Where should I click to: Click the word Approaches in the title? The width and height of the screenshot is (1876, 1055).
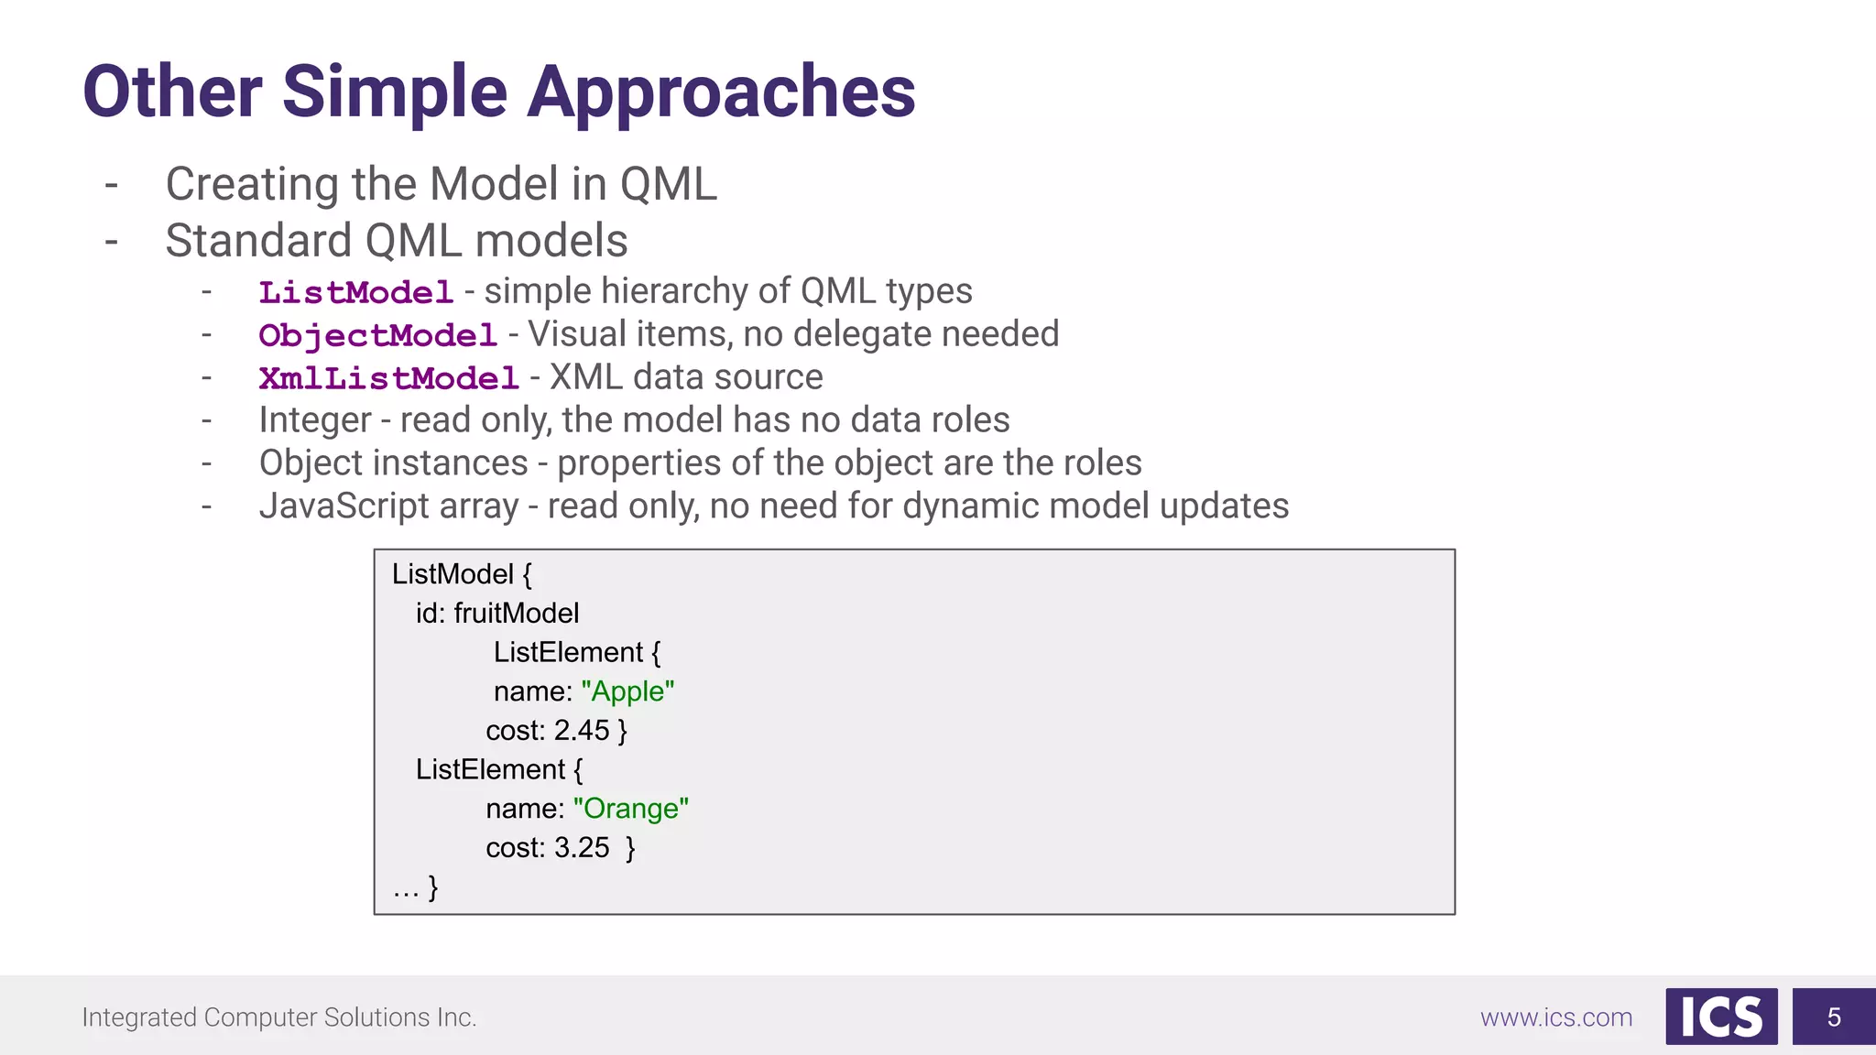[x=721, y=92]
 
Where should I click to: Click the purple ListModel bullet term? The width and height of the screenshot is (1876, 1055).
[x=355, y=292]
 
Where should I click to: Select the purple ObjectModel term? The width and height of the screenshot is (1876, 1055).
[x=377, y=335]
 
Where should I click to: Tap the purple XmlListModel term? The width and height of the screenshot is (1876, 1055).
[x=388, y=378]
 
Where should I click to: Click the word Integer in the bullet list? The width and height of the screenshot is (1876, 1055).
[x=314, y=420]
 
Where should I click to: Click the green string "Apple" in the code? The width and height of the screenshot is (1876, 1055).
[x=627, y=691]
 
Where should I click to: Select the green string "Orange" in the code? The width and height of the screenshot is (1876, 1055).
[x=630, y=809]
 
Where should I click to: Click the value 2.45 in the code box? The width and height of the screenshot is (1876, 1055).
[x=581, y=731]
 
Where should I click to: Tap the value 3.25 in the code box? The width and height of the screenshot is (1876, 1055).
[x=581, y=848]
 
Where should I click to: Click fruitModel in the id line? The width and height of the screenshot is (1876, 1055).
[x=516, y=614]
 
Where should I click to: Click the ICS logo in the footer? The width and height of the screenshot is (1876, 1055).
[x=1720, y=1017]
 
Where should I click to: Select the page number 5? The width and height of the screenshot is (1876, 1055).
[x=1833, y=1017]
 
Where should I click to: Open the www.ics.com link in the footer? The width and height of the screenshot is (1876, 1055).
[x=1555, y=1017]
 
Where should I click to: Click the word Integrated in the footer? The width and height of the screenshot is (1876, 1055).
[x=138, y=1017]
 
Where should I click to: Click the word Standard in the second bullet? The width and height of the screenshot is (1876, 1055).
[x=257, y=241]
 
